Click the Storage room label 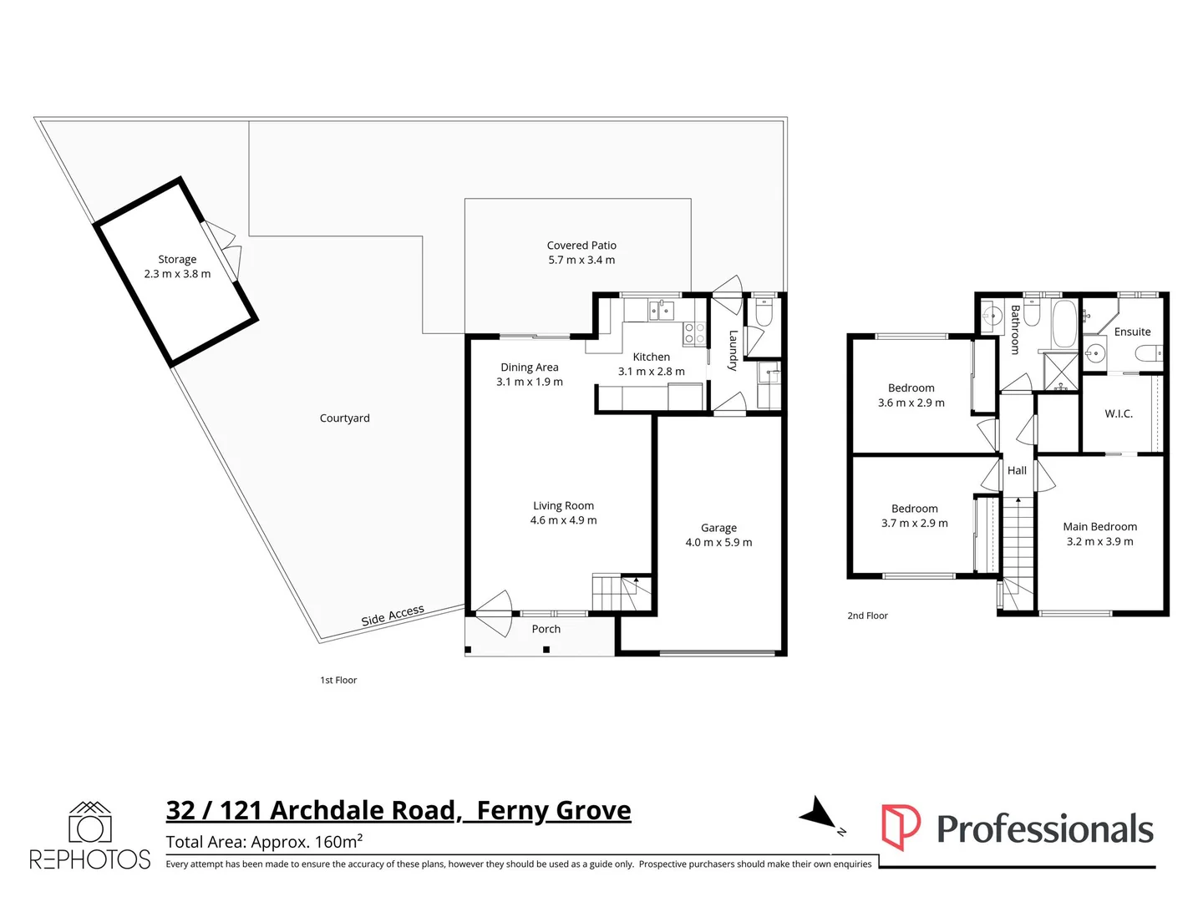coord(177,260)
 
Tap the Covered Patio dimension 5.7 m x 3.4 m coord(581,261)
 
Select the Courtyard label coord(344,418)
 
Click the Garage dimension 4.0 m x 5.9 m coord(718,543)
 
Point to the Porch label coord(546,630)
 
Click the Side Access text coord(393,616)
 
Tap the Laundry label coord(733,350)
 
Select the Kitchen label coord(651,357)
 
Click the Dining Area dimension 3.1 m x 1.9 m coord(530,383)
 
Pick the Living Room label coord(563,506)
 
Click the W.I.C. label coord(1119,414)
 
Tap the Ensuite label coord(1132,332)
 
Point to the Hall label coord(1017,471)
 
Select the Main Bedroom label coord(1099,527)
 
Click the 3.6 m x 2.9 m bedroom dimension coord(911,403)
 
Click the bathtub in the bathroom coord(1063,324)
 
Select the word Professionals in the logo coord(1044,829)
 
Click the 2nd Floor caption coord(867,616)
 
